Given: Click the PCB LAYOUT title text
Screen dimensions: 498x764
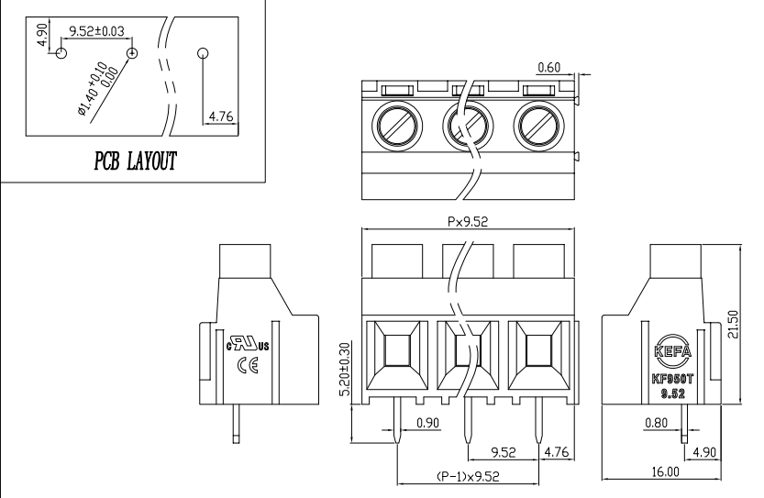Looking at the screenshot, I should point(135,161).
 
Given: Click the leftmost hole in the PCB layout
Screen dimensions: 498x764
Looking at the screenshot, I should point(61,53).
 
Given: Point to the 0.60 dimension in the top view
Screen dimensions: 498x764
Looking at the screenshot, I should point(549,66).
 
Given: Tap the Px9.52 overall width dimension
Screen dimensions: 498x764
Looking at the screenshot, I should point(472,221).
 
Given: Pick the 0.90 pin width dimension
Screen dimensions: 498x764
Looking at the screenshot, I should point(427,423).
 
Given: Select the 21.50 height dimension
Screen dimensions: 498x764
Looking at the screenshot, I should point(746,324).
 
